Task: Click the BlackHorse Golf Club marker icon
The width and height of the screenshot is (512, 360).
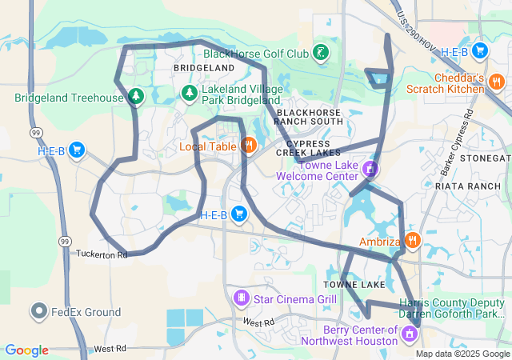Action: coord(321,54)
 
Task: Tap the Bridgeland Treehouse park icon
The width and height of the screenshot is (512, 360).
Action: coord(136,98)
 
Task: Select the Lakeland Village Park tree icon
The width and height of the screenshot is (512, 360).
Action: coord(190,94)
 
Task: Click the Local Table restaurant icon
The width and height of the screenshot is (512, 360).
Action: coord(249,146)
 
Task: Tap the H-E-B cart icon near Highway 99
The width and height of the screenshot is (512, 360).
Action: coord(78,150)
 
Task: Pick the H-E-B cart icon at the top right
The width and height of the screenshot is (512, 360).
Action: coord(480,51)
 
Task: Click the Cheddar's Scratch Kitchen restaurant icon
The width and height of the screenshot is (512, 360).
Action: coord(497,81)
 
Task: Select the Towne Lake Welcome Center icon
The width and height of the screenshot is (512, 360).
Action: coord(370,169)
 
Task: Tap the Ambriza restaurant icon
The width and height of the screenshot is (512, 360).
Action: coord(412,240)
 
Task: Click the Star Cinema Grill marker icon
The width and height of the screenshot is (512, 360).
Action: coord(241,298)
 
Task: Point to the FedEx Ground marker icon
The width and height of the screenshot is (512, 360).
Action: coord(38,312)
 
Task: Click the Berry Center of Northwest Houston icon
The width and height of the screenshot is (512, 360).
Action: coord(410,334)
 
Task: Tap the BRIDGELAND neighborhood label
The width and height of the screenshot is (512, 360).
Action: coord(204,69)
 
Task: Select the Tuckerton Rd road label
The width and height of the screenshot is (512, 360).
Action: coord(102,254)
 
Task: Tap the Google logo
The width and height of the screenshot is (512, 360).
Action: coord(26,350)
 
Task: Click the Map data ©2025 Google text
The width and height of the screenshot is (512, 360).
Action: coord(462,354)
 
